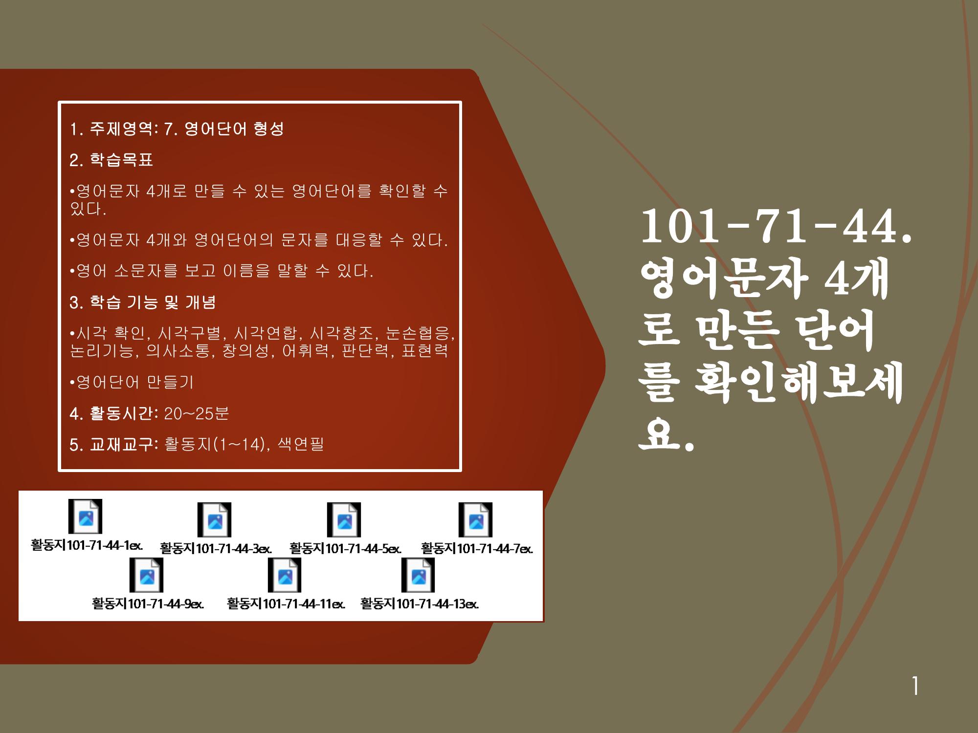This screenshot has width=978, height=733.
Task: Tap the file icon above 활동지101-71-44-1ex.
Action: tap(85, 516)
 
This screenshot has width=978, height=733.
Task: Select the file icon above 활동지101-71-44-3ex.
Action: tap(214, 519)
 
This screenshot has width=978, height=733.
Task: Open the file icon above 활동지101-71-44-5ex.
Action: tap(344, 519)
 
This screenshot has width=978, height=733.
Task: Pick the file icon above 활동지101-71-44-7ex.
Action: tap(475, 519)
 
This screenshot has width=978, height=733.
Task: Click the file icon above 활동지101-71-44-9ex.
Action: tap(146, 575)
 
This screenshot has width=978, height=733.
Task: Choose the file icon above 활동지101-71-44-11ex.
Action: tap(285, 575)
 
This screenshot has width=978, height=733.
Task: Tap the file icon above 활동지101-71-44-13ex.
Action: tap(418, 575)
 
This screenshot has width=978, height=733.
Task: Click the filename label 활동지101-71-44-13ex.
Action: tap(420, 604)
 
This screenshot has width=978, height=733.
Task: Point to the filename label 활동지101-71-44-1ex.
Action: tap(87, 545)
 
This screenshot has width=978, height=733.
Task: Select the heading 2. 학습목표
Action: tap(111, 160)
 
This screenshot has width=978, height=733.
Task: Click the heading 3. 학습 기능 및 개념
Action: tap(143, 302)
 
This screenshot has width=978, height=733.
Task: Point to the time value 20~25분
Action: tap(197, 413)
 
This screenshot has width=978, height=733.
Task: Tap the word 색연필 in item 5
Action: tap(301, 444)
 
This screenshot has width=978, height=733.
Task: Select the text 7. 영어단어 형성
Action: tap(224, 129)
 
